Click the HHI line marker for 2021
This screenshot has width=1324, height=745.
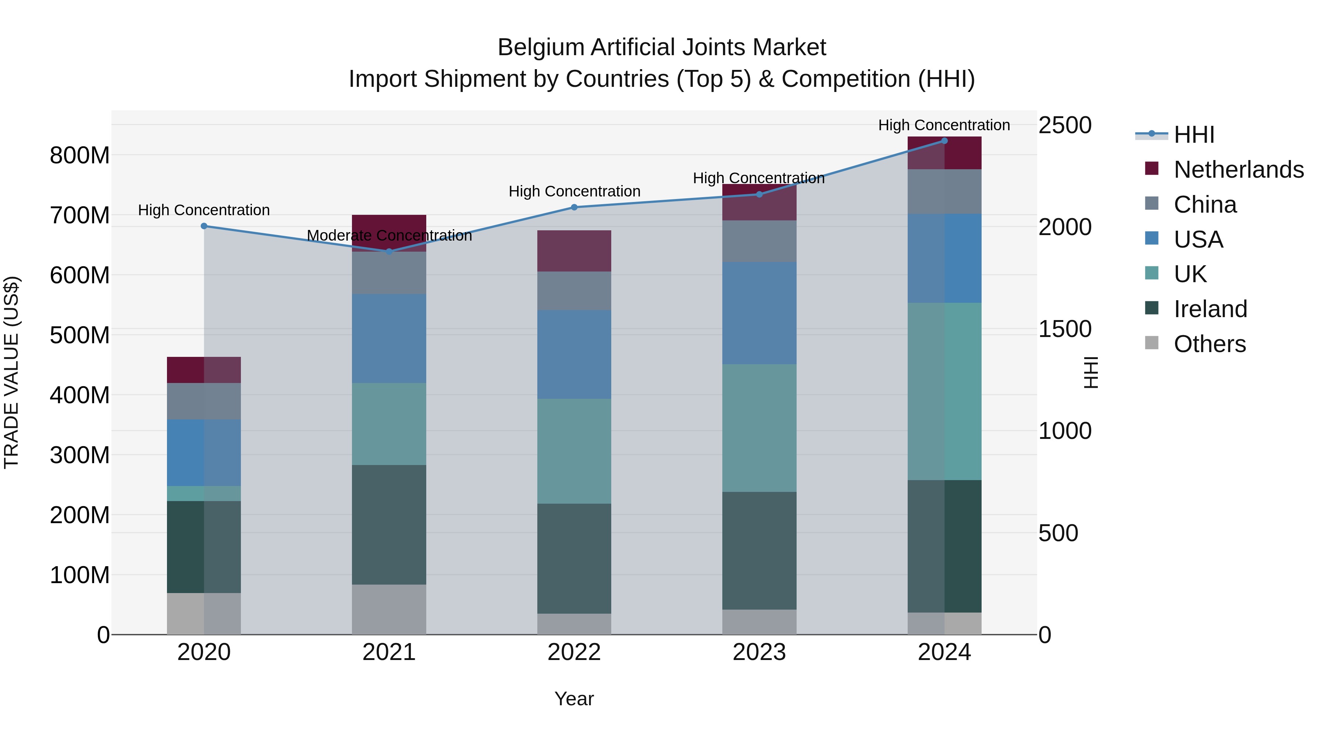click(x=389, y=251)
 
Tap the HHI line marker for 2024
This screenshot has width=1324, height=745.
click(x=944, y=141)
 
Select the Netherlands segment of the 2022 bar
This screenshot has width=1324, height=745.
click(x=574, y=251)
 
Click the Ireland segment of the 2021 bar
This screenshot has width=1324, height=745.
click(x=389, y=524)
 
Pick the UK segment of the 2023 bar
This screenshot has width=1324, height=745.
click(x=759, y=428)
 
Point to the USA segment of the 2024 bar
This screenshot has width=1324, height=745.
click(x=944, y=258)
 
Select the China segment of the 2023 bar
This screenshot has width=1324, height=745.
click(x=759, y=241)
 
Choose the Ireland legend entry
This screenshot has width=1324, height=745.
click(x=1210, y=309)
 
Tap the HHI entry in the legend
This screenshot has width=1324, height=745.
click(x=1193, y=135)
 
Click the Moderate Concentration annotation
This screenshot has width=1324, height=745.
click(x=389, y=235)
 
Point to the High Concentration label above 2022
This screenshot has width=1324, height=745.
click(x=574, y=191)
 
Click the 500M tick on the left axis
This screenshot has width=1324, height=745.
click(x=80, y=335)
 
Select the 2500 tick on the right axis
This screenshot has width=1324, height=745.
click(x=1064, y=125)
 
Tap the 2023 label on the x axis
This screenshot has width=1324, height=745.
click(x=759, y=652)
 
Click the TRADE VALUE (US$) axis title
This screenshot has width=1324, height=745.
click(x=11, y=372)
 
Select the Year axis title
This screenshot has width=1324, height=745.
click(x=574, y=699)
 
